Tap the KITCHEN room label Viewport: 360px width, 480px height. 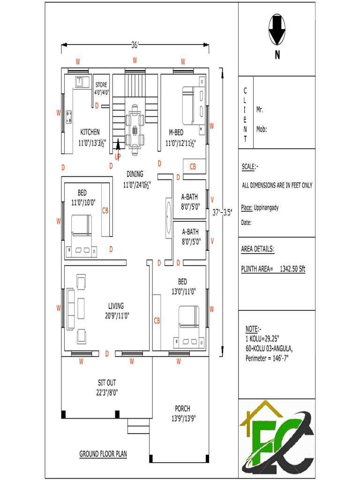(90, 132)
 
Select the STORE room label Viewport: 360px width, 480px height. (101, 85)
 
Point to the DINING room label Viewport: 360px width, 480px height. (135, 174)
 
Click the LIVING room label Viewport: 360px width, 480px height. (116, 306)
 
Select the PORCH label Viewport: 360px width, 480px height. (182, 408)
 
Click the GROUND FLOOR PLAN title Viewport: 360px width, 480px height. (103, 454)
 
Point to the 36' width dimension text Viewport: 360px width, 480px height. (135, 45)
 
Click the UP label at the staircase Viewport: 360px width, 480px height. (118, 156)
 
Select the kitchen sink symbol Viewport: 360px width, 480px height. (82, 82)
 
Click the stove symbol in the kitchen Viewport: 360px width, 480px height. (69, 116)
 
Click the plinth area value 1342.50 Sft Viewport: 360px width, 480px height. (292, 269)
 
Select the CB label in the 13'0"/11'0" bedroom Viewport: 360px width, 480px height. (157, 321)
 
